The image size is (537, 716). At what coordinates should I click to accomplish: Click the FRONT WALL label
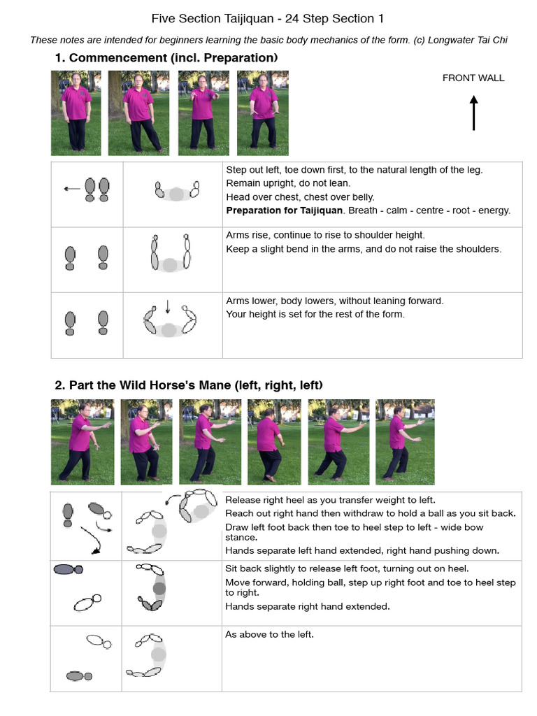473,78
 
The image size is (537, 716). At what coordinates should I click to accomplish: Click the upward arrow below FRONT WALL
473,113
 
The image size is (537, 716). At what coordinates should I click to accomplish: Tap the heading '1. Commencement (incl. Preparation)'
166,57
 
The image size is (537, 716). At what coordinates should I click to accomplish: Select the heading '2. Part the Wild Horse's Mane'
189,385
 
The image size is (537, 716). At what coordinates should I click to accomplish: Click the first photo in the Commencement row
76,113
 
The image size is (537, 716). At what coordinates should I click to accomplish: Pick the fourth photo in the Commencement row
262,113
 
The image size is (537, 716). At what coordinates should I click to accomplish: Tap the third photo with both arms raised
203,113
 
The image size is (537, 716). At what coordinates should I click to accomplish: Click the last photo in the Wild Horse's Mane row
405,442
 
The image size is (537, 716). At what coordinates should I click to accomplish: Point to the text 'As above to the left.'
269,634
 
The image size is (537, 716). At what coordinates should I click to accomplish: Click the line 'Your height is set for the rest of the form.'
315,314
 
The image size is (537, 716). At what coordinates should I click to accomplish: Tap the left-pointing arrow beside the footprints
71,188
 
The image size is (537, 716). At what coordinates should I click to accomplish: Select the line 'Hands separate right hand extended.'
308,606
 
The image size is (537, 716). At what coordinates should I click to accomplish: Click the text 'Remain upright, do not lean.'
288,183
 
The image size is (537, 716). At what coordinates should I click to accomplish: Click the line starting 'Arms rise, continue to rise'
325,235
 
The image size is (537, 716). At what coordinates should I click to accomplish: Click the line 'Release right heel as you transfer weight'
330,499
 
